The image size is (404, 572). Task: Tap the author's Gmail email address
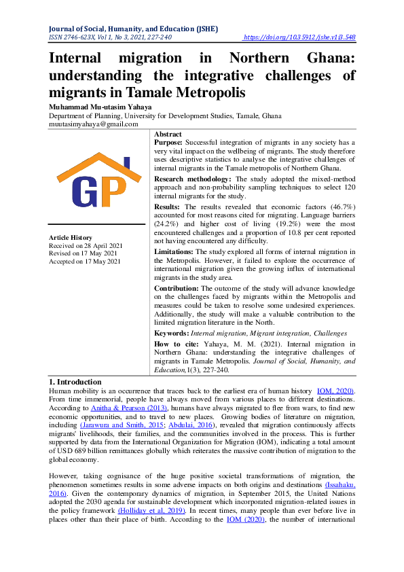[93, 125]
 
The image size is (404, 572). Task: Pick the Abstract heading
[168, 135]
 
